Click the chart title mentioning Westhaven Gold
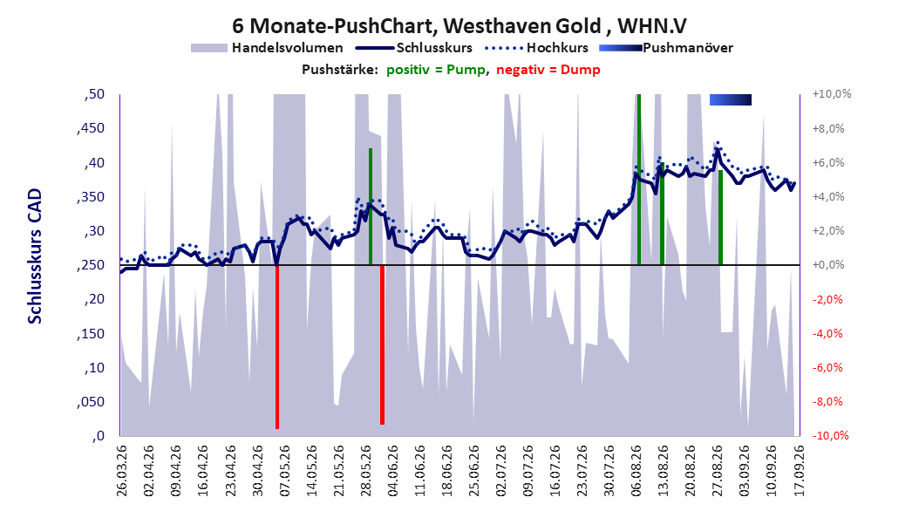point(459,26)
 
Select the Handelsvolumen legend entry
point(268,48)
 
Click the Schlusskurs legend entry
point(414,48)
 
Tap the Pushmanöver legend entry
point(666,48)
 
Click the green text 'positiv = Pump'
point(436,70)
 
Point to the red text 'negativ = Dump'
point(548,70)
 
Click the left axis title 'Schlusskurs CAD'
point(35,256)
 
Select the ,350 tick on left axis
point(91,197)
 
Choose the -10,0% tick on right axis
point(830,435)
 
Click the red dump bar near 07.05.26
point(277,347)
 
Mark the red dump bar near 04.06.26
point(382,344)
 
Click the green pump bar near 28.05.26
point(371,207)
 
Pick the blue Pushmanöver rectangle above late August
point(731,99)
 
